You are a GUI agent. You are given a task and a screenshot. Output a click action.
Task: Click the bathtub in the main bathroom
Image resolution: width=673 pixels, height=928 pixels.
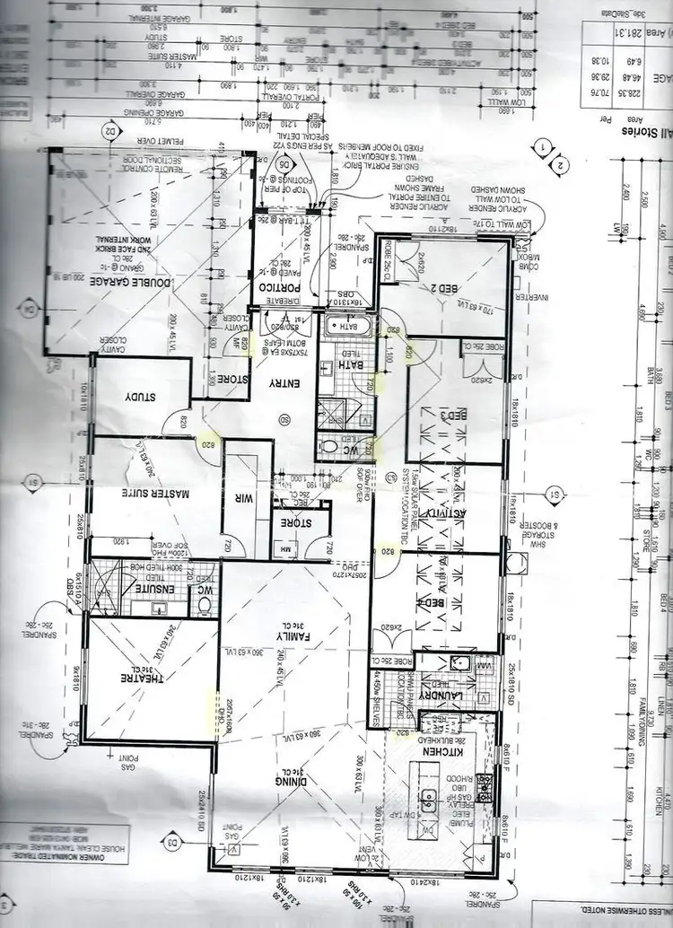tap(344, 328)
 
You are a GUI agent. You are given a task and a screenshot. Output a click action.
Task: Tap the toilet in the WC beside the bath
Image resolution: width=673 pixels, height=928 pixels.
tap(332, 447)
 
